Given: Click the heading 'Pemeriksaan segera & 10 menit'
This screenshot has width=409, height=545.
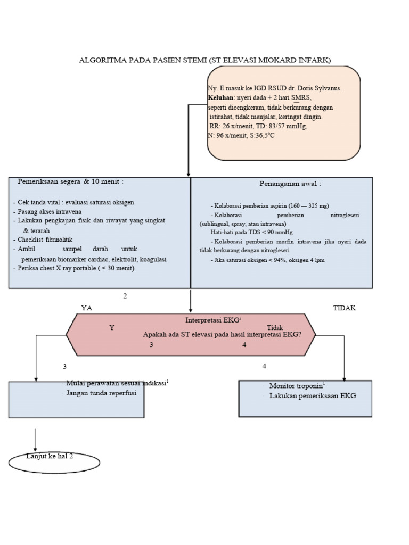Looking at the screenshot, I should pyautogui.click(x=71, y=181).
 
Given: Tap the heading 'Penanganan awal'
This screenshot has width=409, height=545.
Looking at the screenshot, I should pyautogui.click(x=290, y=184).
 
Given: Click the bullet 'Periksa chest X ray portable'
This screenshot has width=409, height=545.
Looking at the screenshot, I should pyautogui.click(x=74, y=268).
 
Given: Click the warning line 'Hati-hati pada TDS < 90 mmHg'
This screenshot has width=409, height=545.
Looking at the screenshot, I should pyautogui.click(x=251, y=233).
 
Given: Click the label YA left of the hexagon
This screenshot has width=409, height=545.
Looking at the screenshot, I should pyautogui.click(x=86, y=308).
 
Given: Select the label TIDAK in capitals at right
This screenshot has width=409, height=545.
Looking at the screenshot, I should pyautogui.click(x=344, y=308).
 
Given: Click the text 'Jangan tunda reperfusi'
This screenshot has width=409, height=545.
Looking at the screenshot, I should pyautogui.click(x=101, y=393).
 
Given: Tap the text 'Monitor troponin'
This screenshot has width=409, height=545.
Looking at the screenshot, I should pyautogui.click(x=296, y=386).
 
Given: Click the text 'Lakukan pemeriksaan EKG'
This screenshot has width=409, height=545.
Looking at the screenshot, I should pyautogui.click(x=312, y=396).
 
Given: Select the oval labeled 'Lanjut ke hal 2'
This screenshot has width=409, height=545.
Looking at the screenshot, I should pyautogui.click(x=54, y=462).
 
